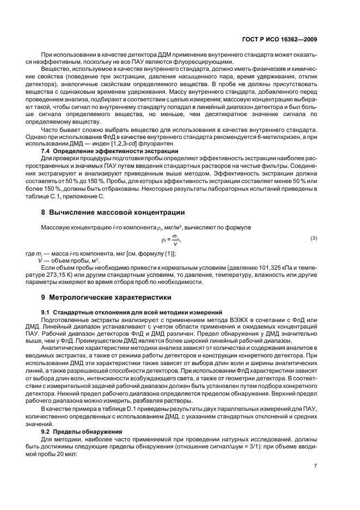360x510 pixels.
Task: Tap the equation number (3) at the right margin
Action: (x=313, y=238)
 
